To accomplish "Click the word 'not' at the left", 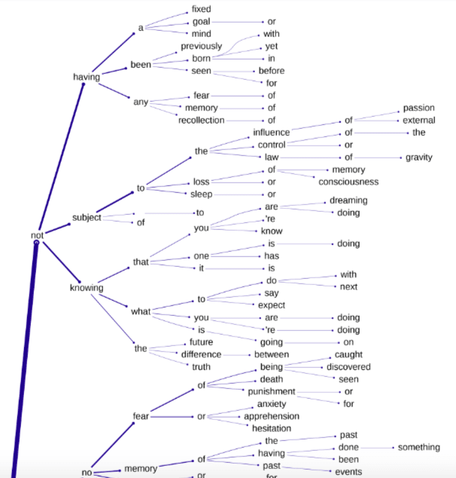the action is (x=37, y=235).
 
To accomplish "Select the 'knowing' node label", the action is (x=87, y=287).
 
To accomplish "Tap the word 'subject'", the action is (x=87, y=218).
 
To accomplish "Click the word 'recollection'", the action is (x=201, y=120).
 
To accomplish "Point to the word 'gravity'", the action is (x=419, y=158).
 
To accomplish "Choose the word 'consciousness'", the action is (x=348, y=182).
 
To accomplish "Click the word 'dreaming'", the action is (x=348, y=201).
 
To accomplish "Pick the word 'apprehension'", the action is (x=271, y=415).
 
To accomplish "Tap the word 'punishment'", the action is (x=271, y=391).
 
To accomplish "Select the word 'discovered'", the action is (x=348, y=367).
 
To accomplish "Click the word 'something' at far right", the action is (x=418, y=447).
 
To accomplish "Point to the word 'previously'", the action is (x=201, y=46).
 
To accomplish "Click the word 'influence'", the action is (x=271, y=133).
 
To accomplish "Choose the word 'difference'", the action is (x=201, y=354).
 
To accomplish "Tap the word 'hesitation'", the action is (x=271, y=427).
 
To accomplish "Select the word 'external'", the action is (x=418, y=120).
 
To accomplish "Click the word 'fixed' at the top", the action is (x=201, y=9).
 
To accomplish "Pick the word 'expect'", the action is (x=271, y=305).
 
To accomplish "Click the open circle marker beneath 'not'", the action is (x=36, y=243).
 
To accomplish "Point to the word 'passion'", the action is (x=418, y=108).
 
